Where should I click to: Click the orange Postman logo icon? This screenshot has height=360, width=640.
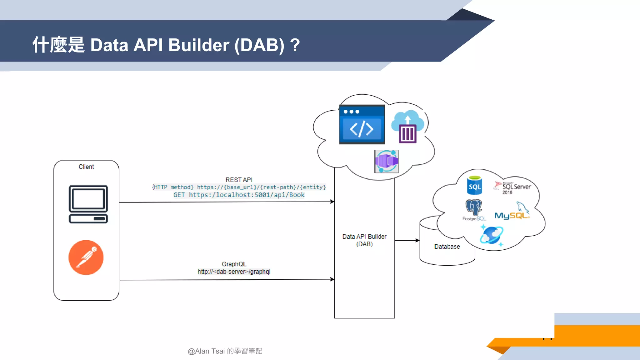pyautogui.click(x=86, y=257)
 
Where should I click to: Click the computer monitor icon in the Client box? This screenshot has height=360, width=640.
pyautogui.click(x=88, y=204)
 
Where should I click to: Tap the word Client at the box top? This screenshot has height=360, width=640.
pyautogui.click(x=86, y=167)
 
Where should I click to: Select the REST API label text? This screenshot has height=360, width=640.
pyautogui.click(x=239, y=180)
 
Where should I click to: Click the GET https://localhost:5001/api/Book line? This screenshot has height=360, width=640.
pyautogui.click(x=239, y=195)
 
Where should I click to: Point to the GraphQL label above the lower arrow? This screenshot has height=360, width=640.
pyautogui.click(x=234, y=264)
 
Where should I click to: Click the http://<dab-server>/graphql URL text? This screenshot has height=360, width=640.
pyautogui.click(x=234, y=272)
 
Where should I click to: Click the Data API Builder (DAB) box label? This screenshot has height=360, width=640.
pyautogui.click(x=364, y=240)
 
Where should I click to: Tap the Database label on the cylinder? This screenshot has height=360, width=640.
pyautogui.click(x=447, y=247)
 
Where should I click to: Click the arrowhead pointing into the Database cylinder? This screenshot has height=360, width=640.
pyautogui.click(x=417, y=240)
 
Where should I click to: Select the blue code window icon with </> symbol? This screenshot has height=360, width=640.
pyautogui.click(x=362, y=125)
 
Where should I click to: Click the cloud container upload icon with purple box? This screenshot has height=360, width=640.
pyautogui.click(x=407, y=127)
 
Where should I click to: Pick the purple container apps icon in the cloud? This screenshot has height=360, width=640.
pyautogui.click(x=387, y=161)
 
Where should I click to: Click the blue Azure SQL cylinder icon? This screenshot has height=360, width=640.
pyautogui.click(x=475, y=186)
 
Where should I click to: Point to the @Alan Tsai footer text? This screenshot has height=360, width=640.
pyautogui.click(x=225, y=351)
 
